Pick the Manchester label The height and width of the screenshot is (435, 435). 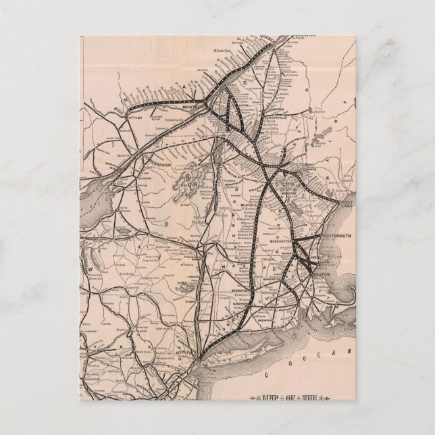point(286,240)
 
